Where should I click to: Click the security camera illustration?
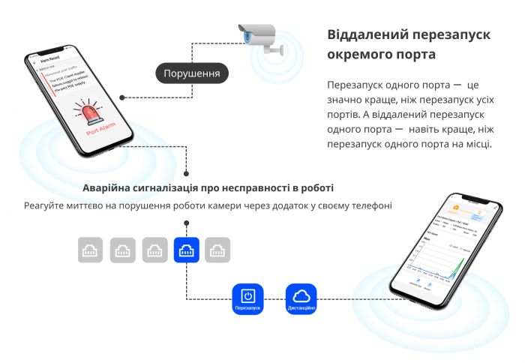[x=259, y=38]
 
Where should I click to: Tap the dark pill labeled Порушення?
[x=191, y=73]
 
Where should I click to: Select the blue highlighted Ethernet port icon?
[x=186, y=250]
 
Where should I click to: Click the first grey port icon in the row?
[x=91, y=250]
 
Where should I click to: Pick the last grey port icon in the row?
[x=217, y=250]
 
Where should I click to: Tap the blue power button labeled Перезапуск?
[x=247, y=296]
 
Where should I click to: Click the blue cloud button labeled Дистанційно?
[x=301, y=296]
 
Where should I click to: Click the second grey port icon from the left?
[x=122, y=250]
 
